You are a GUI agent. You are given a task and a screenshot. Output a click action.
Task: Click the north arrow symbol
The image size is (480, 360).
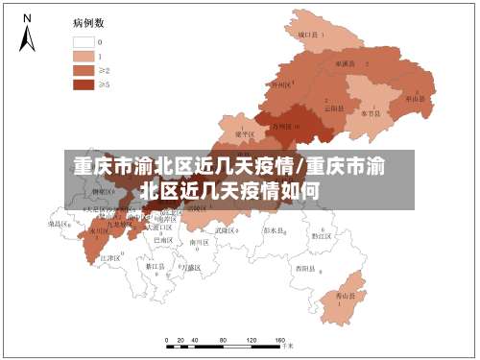pos(28,33)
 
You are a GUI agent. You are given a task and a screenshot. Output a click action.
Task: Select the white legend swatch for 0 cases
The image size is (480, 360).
pos(84,42)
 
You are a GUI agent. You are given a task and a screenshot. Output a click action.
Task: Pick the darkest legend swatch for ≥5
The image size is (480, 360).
pos(84,84)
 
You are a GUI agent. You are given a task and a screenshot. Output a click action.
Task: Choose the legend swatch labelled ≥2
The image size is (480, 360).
pos(84,70)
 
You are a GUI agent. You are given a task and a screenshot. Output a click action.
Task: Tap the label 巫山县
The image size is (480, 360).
pos(415,98)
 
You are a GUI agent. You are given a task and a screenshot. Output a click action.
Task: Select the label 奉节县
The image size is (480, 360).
pos(371,113)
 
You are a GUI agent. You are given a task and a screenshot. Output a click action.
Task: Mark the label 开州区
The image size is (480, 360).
pos(281,84)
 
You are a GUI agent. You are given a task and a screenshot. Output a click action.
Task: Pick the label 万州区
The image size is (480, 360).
pos(285,126)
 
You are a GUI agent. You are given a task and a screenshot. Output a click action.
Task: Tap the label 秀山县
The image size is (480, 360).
pos(343,299)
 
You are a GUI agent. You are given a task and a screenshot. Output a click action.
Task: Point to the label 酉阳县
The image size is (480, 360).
pos(305,267)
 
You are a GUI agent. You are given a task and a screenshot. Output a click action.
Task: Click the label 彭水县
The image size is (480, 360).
pos(275,231)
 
